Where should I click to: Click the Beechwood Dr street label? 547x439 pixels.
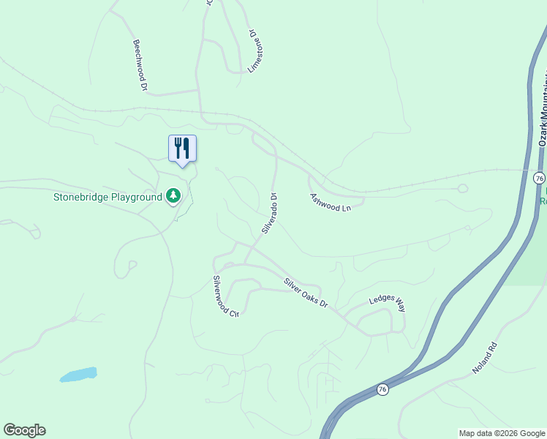140,65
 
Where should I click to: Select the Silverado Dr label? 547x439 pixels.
269,213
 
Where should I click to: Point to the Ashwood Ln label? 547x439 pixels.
330,203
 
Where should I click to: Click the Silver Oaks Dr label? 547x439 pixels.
306,293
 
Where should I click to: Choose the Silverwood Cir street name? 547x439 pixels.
225,296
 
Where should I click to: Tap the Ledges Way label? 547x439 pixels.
387,304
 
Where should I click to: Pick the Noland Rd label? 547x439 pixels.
484,359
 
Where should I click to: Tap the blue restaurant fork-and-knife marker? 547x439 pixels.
182,149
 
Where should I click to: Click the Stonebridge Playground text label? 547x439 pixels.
107,197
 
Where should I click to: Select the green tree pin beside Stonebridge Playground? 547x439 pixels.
173,195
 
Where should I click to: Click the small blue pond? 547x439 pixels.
78,375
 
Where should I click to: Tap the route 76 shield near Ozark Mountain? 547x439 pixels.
539,179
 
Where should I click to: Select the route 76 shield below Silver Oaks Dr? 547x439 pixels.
382,389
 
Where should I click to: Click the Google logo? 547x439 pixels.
24,430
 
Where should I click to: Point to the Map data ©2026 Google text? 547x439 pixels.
502,433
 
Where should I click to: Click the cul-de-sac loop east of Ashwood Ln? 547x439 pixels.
462,188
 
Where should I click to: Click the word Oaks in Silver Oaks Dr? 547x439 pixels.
308,294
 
